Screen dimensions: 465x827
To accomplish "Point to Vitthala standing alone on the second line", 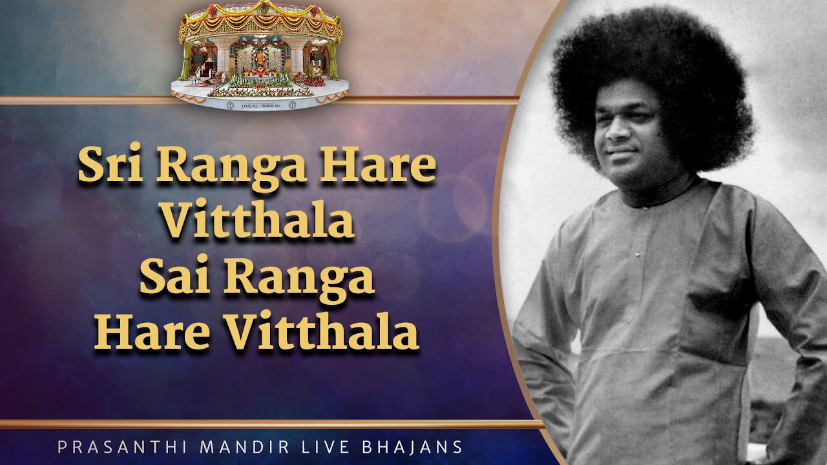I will pos(257,222).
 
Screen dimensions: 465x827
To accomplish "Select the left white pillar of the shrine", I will pos(223,63).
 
